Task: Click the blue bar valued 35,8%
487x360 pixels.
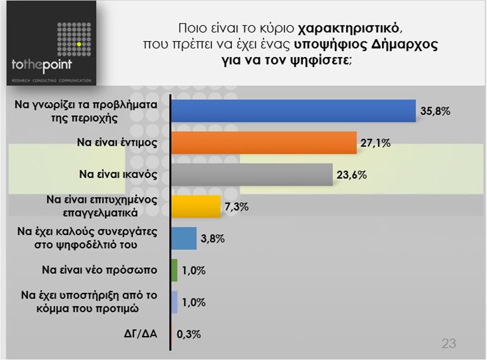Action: (293, 111)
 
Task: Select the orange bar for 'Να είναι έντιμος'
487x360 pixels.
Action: (263, 143)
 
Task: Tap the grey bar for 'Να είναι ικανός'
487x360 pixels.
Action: (252, 175)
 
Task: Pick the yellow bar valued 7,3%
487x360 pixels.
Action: (196, 207)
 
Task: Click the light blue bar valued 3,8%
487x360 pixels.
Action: (184, 239)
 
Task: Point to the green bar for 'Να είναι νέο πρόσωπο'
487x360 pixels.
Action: (174, 270)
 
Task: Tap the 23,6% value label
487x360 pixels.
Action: (352, 176)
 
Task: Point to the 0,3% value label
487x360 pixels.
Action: (189, 334)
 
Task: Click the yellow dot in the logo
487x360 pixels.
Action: (80, 43)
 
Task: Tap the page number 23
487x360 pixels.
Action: (448, 344)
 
